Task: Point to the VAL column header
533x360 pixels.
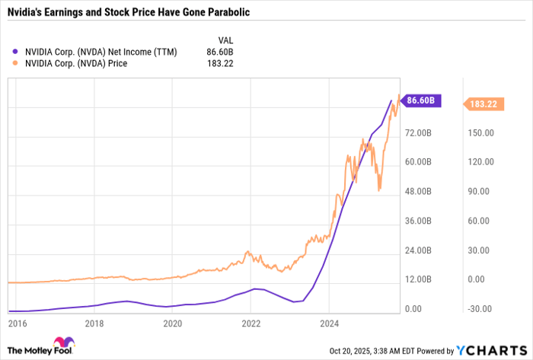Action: click(x=225, y=40)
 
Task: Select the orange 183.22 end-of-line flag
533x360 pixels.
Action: click(x=483, y=104)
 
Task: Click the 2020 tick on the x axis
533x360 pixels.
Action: click(x=173, y=322)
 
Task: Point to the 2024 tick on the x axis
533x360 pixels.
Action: click(x=329, y=322)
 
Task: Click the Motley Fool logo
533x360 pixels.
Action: click(x=35, y=349)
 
